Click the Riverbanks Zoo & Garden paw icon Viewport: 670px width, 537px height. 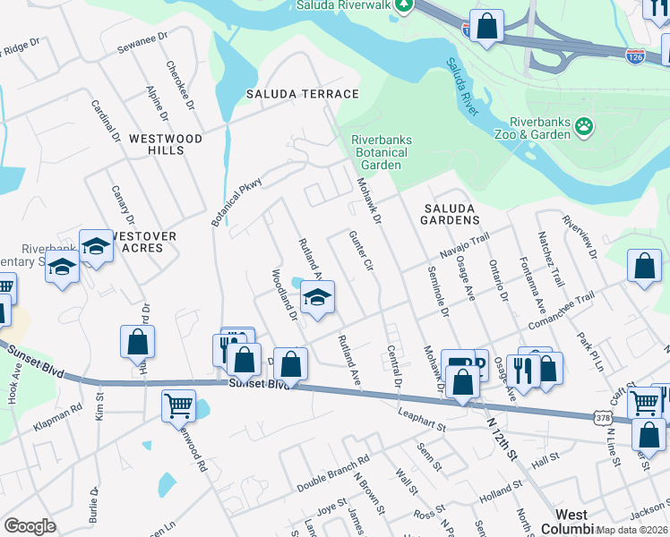[585, 126]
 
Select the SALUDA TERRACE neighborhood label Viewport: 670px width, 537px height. [303, 94]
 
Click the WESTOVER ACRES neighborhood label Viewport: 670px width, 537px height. [139, 242]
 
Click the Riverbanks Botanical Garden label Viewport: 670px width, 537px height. [380, 152]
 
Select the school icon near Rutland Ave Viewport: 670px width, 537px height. [316, 298]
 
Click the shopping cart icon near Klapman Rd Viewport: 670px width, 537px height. [178, 405]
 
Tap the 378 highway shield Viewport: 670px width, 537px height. [602, 418]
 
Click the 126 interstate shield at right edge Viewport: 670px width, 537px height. [633, 55]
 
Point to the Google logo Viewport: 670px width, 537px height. [30, 526]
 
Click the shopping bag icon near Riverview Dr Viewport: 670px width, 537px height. [645, 266]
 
